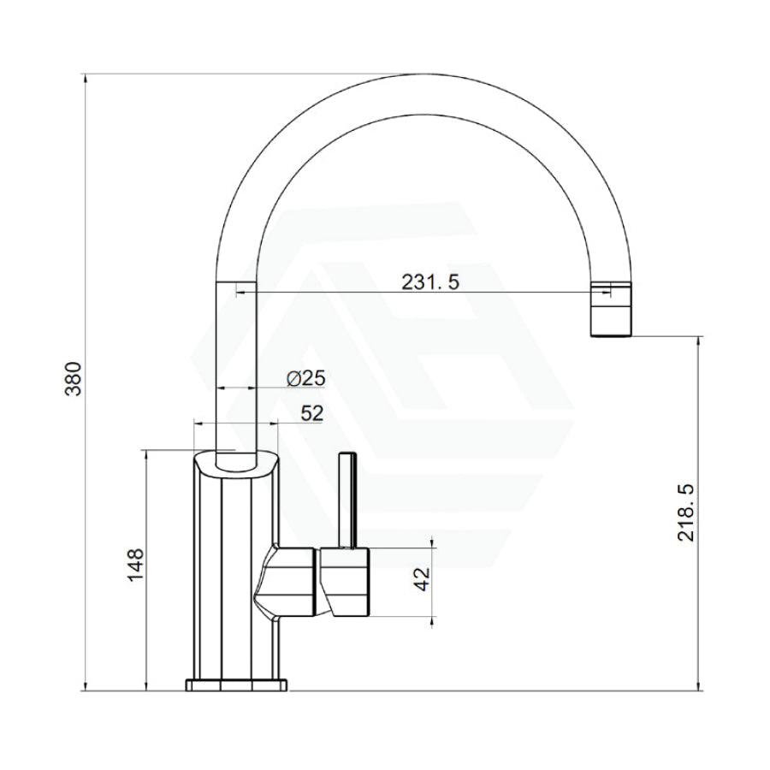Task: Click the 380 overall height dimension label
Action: pos(73,379)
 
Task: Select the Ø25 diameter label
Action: pos(305,378)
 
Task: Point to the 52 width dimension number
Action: pos(312,413)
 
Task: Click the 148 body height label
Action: pos(135,565)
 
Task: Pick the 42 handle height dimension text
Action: pos(422,579)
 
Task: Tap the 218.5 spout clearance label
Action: pos(685,512)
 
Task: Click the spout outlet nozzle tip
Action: pos(610,310)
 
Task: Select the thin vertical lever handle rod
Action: pos(347,500)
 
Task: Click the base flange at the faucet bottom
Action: pos(236,684)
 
